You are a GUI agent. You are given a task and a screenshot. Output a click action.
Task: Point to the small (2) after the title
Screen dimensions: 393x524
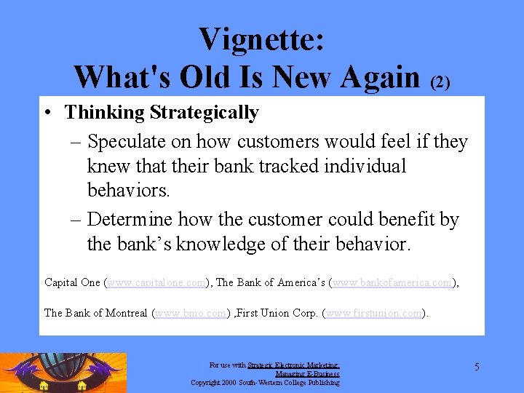[x=440, y=82]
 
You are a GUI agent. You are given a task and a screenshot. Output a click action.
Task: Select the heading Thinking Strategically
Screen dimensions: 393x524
[x=162, y=113]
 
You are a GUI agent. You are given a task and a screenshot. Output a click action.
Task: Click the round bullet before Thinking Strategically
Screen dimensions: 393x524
[x=46, y=114]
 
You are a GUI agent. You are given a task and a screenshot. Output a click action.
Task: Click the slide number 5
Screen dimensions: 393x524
[x=477, y=367]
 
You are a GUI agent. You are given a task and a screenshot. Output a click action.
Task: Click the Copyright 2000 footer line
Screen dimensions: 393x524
[x=265, y=382]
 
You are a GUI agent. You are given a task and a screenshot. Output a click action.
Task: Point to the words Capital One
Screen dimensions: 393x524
[x=72, y=282]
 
